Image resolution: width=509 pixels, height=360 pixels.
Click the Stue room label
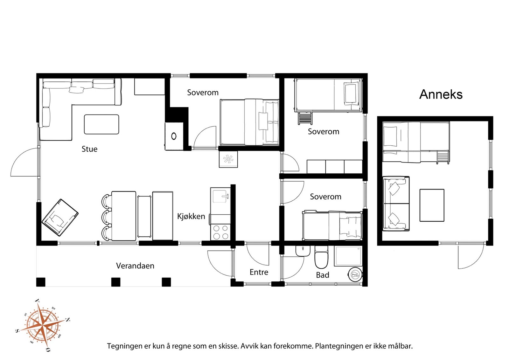89,149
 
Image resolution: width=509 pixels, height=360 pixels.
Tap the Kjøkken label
191,217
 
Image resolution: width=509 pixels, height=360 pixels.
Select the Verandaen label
135,266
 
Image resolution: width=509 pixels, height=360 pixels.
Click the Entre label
259,272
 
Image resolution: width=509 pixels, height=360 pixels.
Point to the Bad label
323,275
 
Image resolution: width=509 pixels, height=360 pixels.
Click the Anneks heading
441,94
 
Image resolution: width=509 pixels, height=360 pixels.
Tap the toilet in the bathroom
321,257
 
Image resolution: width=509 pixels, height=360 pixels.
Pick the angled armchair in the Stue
60,217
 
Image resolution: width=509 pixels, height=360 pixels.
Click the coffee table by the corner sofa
101,124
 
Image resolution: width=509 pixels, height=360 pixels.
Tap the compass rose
43,325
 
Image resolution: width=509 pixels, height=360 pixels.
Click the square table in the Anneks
432,205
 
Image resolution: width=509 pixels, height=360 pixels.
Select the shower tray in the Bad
348,256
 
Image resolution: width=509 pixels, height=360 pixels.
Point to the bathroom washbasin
303,251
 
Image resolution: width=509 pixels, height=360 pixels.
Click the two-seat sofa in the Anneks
396,204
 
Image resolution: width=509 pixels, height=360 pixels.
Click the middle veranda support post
116,282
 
